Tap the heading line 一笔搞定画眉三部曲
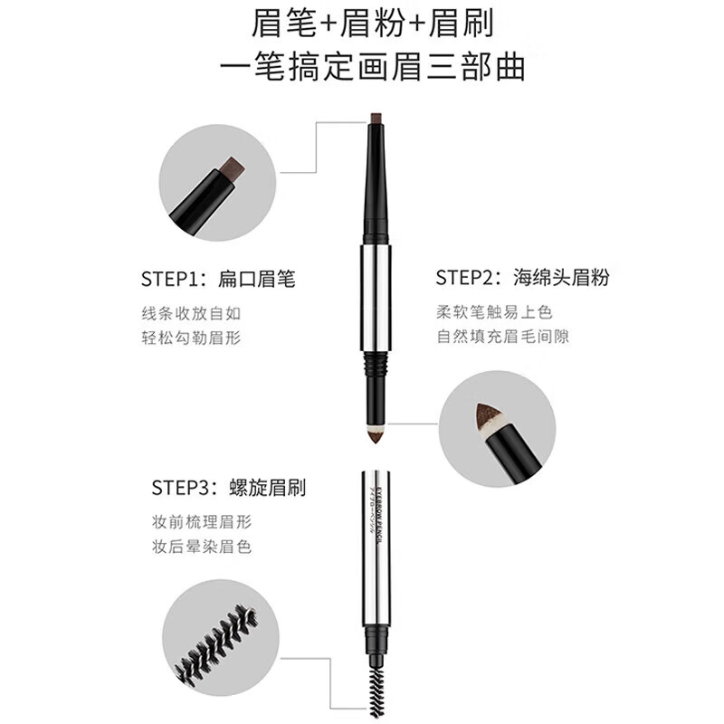coord(362,68)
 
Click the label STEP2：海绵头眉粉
coord(522,278)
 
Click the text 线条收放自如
coord(191,313)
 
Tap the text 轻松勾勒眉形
coord(191,338)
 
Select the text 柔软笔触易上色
coord(493,313)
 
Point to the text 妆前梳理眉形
coord(202,523)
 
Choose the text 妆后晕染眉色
coord(202,548)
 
